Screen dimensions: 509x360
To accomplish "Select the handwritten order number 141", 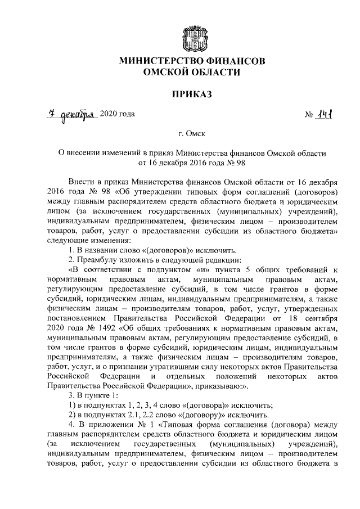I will pos(326,114).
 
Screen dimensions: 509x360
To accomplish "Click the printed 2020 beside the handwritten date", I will pos(109,115).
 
